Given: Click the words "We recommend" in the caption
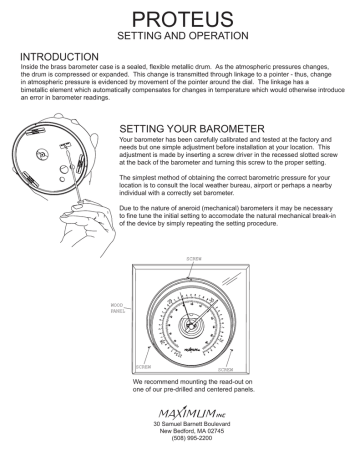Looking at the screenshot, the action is (x=153, y=382).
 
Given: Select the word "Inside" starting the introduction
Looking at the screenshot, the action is (x=32, y=66).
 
